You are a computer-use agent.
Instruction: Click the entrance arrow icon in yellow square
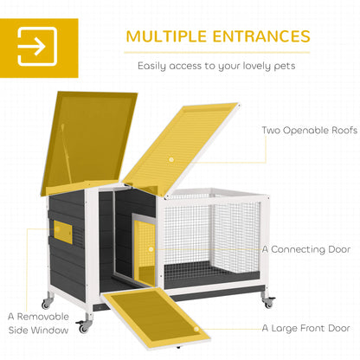coord(37,47)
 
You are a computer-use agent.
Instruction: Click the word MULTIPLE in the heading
coord(166,36)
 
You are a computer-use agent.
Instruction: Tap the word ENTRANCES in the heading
coord(261,36)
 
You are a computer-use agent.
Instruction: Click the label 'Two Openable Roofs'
coord(310,130)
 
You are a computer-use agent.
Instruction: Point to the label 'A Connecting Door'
coord(306,249)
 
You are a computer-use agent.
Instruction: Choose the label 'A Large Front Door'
coord(305,328)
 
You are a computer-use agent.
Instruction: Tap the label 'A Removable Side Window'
coord(38,324)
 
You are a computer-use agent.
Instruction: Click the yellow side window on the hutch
coord(62,230)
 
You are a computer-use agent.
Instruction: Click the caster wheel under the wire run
coord(268,302)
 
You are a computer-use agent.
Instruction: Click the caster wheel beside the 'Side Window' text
coord(83,326)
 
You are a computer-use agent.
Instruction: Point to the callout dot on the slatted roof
coord(171,159)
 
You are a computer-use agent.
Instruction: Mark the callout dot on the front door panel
coord(196,329)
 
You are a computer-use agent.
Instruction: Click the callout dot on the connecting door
coord(151,249)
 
